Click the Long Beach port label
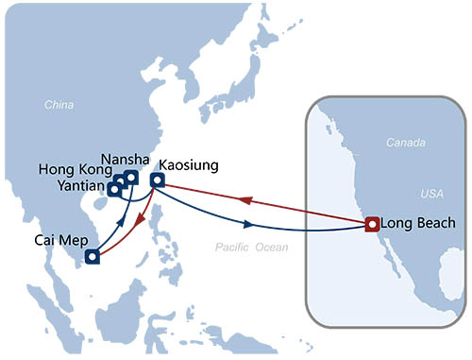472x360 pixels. [418, 224]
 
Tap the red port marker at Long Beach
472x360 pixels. [372, 225]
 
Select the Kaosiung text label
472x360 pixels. [189, 164]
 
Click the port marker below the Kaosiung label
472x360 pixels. [158, 180]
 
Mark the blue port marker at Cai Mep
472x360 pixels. [93, 256]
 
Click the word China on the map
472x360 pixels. [59, 105]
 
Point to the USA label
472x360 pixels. [430, 193]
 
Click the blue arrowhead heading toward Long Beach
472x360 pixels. [248, 224]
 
